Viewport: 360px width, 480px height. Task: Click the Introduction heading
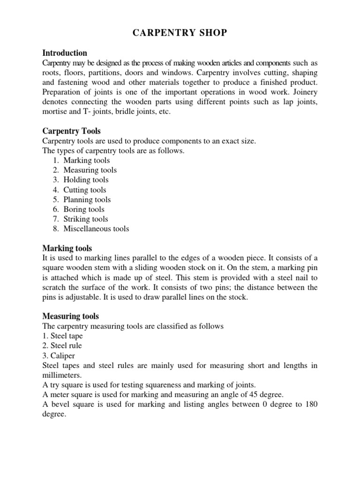click(x=65, y=53)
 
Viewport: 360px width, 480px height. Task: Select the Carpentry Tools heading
click(x=71, y=131)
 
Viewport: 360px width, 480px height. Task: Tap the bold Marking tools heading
click(x=67, y=248)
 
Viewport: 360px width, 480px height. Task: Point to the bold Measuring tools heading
click(x=70, y=316)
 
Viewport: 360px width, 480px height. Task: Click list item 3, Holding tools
click(x=86, y=180)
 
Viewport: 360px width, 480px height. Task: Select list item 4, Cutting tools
click(x=85, y=190)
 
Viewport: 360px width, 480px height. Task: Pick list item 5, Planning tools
click(x=87, y=200)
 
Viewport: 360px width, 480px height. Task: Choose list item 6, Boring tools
click(x=84, y=210)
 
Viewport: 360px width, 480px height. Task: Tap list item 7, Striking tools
click(x=86, y=219)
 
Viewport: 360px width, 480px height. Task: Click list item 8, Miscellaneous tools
click(x=96, y=229)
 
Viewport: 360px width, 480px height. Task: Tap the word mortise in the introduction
click(x=55, y=112)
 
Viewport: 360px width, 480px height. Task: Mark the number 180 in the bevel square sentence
click(x=311, y=405)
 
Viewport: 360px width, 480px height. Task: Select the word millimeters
click(x=62, y=375)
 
